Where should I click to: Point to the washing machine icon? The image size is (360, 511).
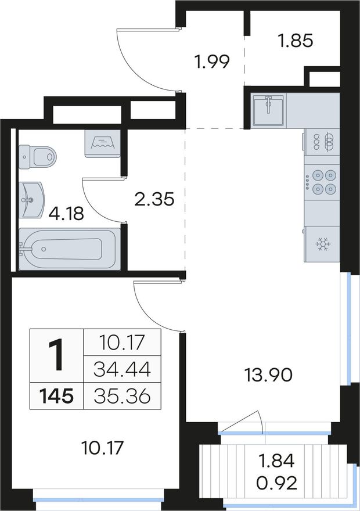[103, 144]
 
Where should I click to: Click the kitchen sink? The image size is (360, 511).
[268, 110]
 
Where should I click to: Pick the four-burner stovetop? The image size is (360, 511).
[322, 182]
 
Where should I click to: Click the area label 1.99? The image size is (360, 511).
[212, 62]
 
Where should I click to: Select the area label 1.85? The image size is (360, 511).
[296, 41]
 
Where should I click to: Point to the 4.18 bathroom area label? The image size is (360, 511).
[66, 214]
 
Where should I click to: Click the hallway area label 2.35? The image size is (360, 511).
[154, 199]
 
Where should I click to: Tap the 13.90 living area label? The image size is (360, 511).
[268, 376]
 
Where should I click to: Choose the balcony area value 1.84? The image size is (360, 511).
[276, 461]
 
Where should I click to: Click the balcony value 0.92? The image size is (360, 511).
[276, 484]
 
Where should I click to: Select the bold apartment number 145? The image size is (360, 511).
[56, 396]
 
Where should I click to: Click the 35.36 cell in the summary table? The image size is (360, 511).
[122, 397]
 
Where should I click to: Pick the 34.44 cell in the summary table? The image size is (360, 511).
[122, 369]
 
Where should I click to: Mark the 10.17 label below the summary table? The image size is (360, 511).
[102, 448]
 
